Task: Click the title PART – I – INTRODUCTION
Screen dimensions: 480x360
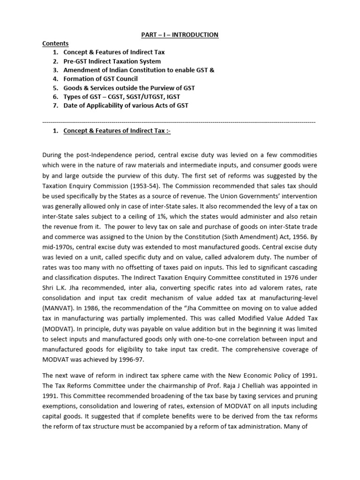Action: point(180,35)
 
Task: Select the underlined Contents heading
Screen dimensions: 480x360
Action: point(55,44)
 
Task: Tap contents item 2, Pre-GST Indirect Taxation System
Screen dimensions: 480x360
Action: point(112,61)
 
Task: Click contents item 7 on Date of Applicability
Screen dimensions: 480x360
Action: point(126,106)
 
